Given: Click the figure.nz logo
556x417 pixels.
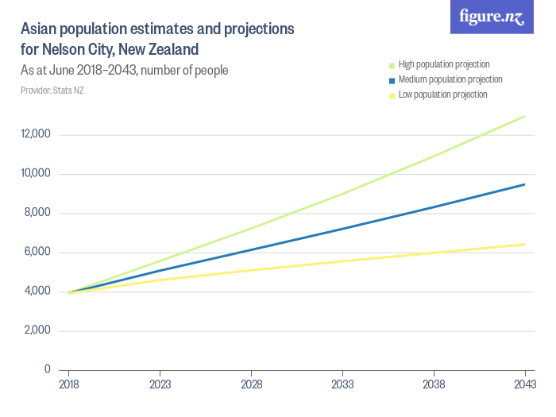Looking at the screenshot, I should (492, 17).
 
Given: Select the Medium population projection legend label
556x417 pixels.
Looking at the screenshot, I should (450, 79).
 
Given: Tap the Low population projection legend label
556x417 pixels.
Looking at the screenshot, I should (442, 95).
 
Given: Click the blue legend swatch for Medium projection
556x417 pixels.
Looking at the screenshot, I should (391, 80).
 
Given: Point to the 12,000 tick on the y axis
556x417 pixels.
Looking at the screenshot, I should (36, 134).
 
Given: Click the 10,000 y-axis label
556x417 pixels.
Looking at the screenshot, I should (36, 174).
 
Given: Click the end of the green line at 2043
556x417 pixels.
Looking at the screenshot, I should (524, 116).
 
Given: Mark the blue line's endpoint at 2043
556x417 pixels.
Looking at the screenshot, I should (524, 184).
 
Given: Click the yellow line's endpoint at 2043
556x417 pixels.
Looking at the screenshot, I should (524, 245).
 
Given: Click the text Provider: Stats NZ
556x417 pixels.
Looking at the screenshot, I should (52, 91).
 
